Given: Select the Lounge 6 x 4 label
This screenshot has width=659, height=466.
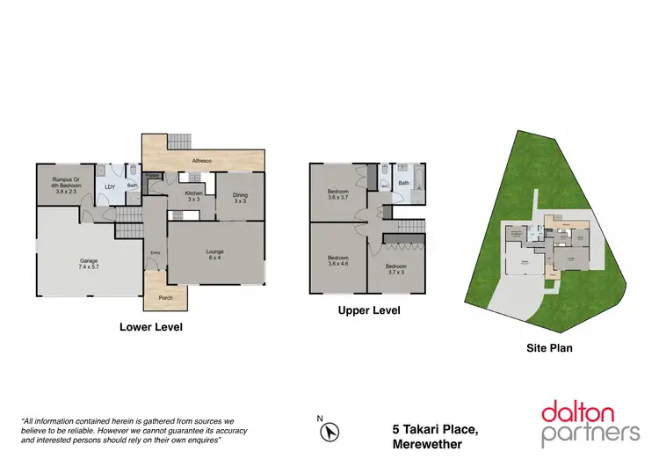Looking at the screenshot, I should point(215,256).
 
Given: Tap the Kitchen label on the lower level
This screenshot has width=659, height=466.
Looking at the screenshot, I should point(193,196).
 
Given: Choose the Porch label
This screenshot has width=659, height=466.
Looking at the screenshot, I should point(165,298).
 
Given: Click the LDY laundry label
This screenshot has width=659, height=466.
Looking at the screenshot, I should point(110,186).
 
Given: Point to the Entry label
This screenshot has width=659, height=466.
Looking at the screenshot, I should point(155,253).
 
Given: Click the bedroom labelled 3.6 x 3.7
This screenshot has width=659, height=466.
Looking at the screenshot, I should point(338,195).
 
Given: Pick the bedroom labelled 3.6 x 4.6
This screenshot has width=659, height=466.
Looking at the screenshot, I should point(338,261).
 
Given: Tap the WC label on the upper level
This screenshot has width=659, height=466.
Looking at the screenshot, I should point(384,186).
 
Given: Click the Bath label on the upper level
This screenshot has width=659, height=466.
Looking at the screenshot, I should point(404,183).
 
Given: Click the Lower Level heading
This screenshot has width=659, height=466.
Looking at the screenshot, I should point(150,326).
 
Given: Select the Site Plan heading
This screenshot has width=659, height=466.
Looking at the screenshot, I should point(549,348).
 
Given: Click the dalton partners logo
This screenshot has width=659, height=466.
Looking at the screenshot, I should point(590,422).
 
